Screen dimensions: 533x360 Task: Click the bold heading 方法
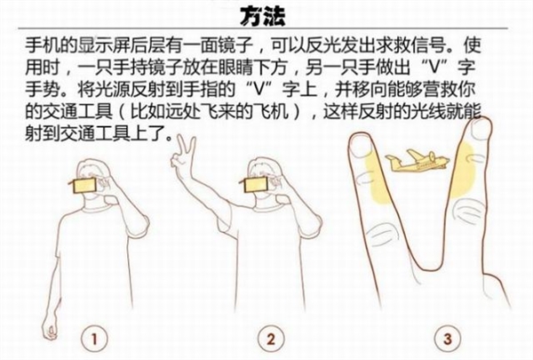click(262, 16)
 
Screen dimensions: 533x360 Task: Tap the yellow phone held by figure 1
click(84, 186)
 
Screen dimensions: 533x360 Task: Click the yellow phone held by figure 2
click(255, 186)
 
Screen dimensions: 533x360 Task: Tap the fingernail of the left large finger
click(362, 145)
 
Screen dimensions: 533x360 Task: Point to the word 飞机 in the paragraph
click(272, 111)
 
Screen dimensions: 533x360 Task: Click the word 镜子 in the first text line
click(236, 45)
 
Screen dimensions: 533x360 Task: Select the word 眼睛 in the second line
click(236, 67)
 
